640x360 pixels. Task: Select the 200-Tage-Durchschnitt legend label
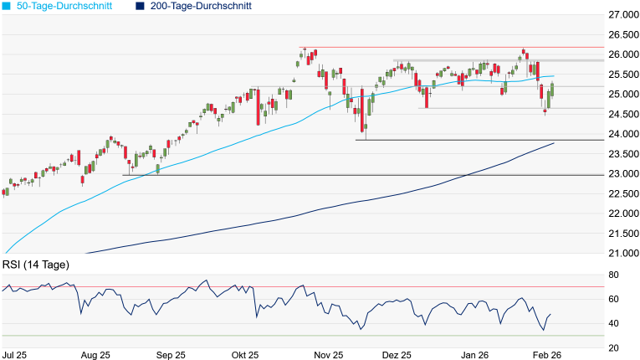201,6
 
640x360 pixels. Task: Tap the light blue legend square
6,6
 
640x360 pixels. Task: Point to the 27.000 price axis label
621,15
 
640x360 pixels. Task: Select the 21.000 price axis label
621,253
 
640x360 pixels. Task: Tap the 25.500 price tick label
621,75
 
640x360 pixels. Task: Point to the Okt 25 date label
247,355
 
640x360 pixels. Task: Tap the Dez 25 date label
397,355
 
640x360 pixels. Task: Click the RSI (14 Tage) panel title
35,265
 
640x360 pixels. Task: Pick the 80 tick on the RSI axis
613,275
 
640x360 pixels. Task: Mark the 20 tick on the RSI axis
613,347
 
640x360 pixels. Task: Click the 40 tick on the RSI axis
613,323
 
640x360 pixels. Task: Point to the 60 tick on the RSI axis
613,299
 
